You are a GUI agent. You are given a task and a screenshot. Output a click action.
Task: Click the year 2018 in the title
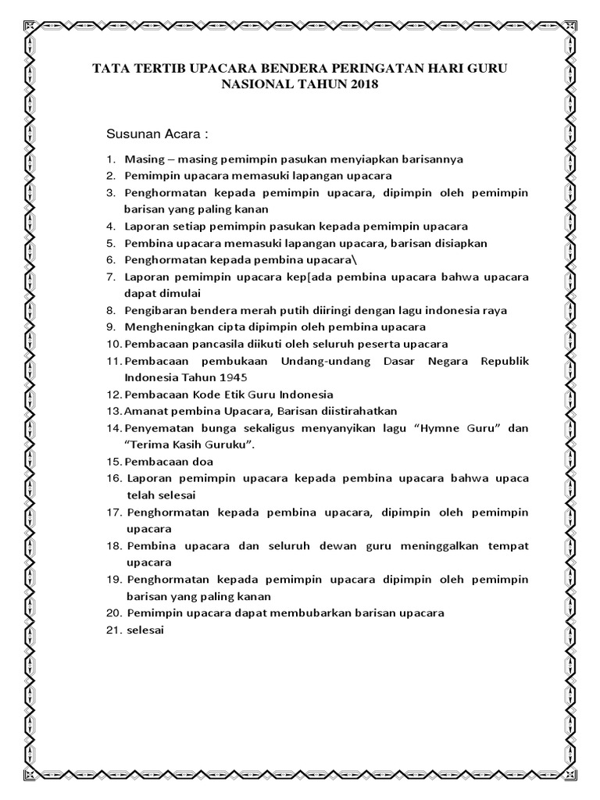360,84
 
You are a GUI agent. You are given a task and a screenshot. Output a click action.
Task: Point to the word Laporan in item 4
145,226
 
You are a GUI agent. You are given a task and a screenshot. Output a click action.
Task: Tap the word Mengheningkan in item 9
163,327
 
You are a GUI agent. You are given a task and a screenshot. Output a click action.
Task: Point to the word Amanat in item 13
144,411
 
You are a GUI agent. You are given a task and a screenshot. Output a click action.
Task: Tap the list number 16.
112,478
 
